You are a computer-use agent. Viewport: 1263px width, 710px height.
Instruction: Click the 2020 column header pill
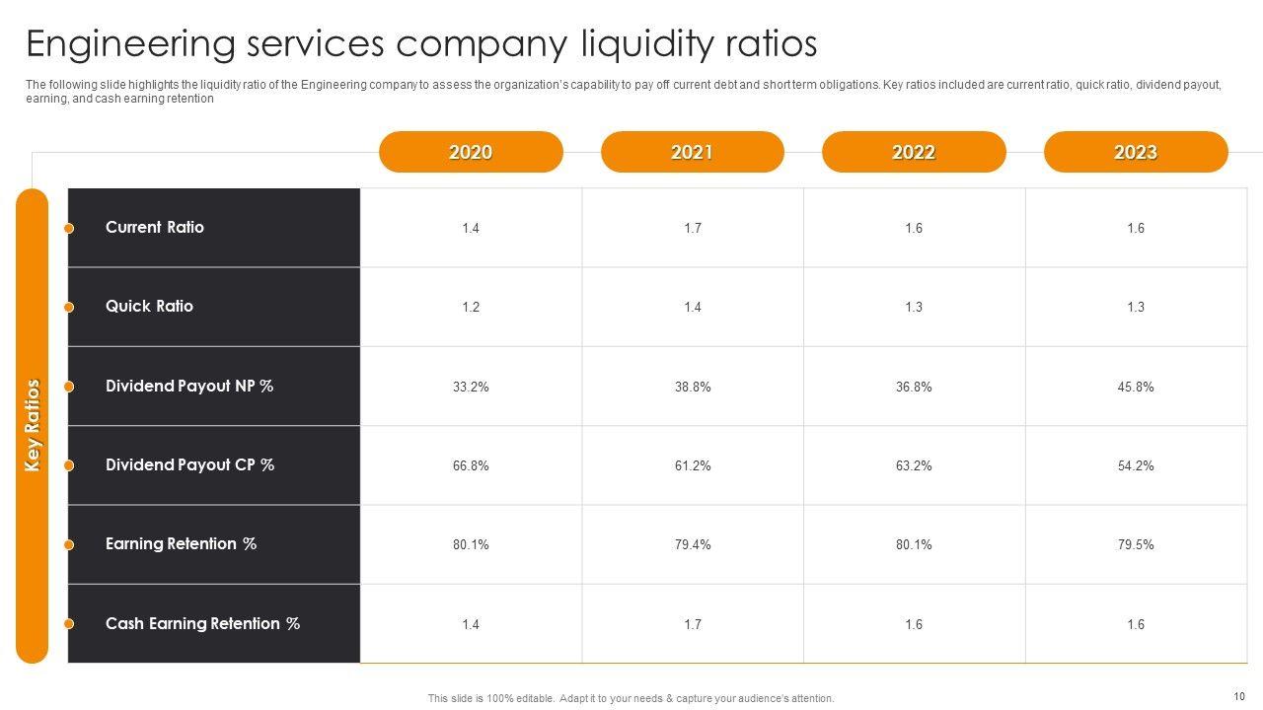click(471, 152)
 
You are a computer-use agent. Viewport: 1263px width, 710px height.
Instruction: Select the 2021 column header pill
click(692, 152)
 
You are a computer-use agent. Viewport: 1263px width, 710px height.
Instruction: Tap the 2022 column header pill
click(914, 152)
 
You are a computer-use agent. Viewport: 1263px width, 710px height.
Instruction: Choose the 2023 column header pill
click(1135, 152)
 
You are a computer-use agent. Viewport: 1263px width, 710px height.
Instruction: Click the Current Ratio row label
click(155, 227)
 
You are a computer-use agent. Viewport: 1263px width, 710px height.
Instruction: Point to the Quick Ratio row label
click(149, 306)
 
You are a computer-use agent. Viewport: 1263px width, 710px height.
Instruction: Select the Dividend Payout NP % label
click(189, 386)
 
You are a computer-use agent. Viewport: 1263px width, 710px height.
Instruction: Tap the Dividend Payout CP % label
click(189, 464)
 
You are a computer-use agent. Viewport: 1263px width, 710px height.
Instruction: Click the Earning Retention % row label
click(181, 543)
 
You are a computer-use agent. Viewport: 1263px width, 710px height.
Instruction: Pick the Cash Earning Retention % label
click(202, 623)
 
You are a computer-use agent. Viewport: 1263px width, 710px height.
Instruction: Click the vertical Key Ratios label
click(33, 425)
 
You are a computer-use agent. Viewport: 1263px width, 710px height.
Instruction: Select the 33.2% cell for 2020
click(471, 387)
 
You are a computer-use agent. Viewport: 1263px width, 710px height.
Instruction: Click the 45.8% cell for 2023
click(1136, 387)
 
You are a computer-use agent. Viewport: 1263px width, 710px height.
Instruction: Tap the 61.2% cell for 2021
click(693, 465)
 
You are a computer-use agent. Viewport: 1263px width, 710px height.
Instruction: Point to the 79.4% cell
click(693, 544)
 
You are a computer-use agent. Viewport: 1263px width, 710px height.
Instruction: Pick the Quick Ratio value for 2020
click(471, 307)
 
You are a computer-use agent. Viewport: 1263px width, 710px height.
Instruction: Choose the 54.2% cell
click(1136, 465)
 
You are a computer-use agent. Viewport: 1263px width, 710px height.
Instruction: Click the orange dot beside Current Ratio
click(69, 229)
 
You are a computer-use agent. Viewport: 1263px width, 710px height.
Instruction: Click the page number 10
click(1239, 695)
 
